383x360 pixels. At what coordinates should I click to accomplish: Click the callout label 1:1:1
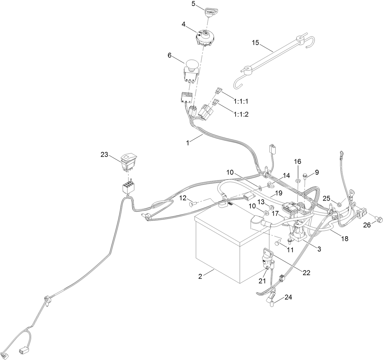(241, 101)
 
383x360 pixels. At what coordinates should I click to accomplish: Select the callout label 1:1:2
(241, 114)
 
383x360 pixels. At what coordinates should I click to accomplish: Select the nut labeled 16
(298, 181)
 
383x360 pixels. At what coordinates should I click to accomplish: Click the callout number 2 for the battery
(200, 276)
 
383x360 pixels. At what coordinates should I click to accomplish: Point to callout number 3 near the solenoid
(319, 249)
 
